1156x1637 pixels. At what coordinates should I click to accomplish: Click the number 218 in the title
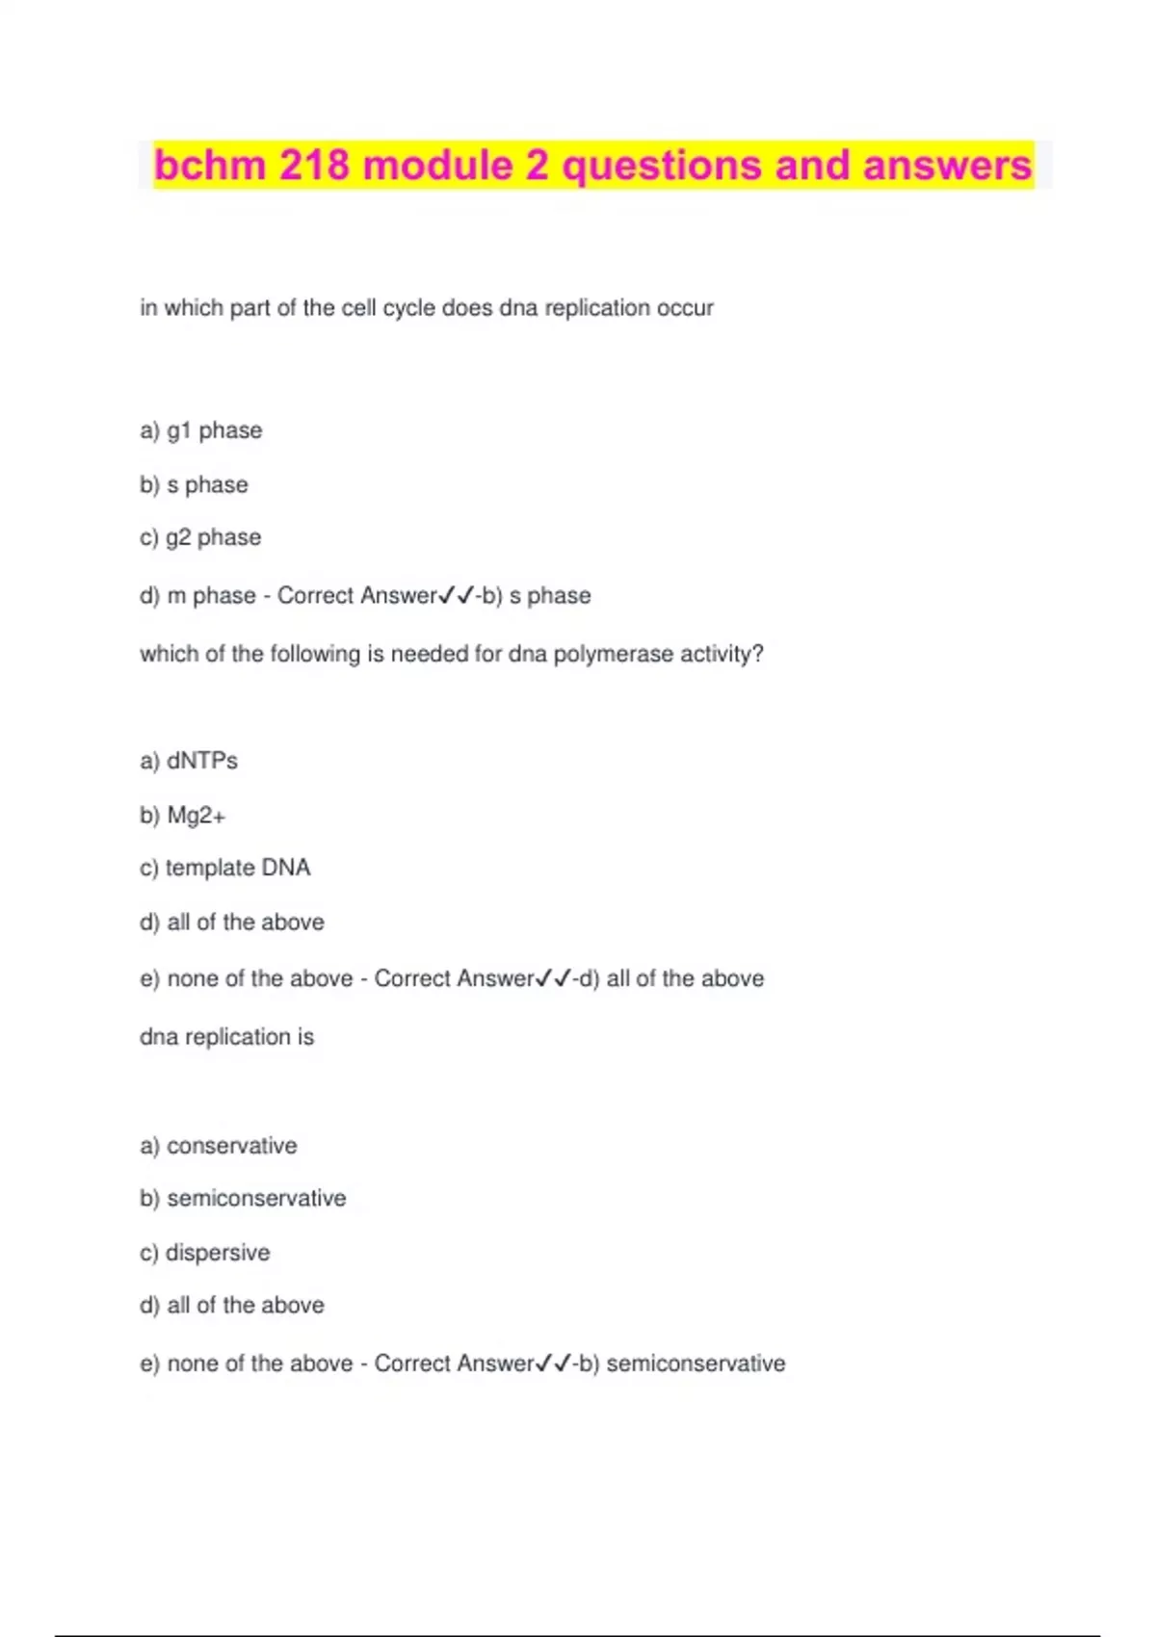(314, 166)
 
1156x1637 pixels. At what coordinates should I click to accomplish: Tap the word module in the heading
(438, 166)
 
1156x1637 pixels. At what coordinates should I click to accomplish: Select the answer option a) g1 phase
(200, 430)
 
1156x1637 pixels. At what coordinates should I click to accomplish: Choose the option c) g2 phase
(200, 537)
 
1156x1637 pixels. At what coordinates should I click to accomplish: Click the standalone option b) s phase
(194, 484)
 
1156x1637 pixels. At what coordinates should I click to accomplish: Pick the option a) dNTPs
(189, 761)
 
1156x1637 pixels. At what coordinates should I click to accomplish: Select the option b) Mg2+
(182, 816)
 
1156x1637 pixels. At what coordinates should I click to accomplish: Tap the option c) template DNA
(224, 868)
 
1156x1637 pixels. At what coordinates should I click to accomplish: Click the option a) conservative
(219, 1146)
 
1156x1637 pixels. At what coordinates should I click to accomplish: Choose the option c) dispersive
(204, 1253)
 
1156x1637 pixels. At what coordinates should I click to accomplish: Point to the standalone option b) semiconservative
(243, 1199)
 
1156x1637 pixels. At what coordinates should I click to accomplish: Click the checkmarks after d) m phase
(457, 596)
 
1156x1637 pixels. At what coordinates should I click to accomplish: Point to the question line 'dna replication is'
(226, 1037)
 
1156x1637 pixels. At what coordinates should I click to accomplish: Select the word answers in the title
(947, 166)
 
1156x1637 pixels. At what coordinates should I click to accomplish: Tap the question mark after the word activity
(758, 655)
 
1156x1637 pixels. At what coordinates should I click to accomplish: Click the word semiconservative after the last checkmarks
(696, 1364)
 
